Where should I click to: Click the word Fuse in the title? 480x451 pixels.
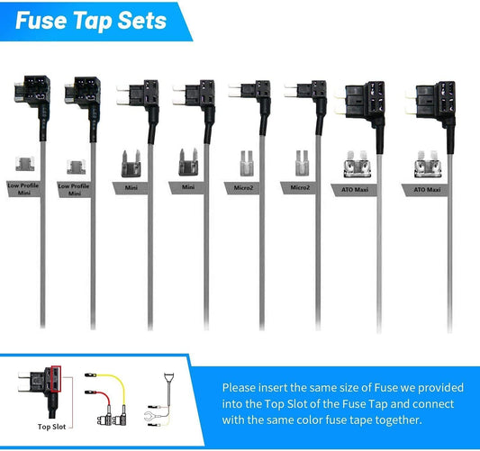click(x=41, y=21)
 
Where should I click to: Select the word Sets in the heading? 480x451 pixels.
click(x=142, y=21)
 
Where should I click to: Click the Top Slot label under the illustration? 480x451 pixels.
click(x=51, y=427)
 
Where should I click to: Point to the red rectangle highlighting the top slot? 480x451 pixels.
click(x=57, y=379)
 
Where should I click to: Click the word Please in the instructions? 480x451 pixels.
click(x=239, y=388)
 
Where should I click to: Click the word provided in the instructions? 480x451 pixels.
click(x=440, y=388)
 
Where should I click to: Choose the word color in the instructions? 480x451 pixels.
click(x=308, y=419)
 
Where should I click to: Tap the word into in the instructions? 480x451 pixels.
click(x=232, y=404)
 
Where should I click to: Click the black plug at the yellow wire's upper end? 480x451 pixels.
click(x=91, y=374)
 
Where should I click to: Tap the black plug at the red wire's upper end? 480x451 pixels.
click(x=91, y=392)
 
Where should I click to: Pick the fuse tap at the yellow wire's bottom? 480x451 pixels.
click(x=120, y=419)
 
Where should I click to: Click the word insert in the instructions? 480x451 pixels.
click(x=273, y=388)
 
